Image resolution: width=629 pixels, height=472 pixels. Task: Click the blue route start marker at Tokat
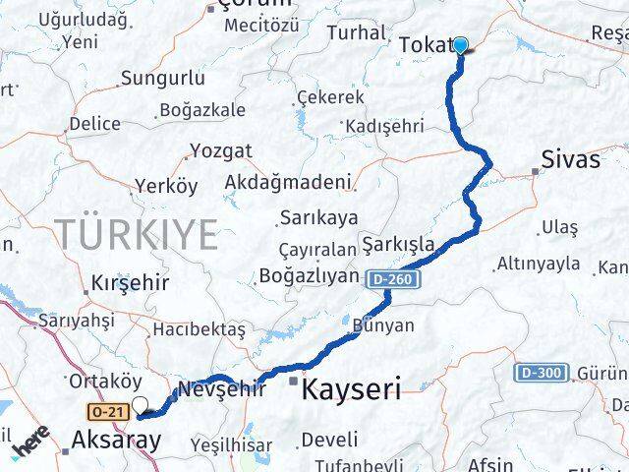click(x=459, y=44)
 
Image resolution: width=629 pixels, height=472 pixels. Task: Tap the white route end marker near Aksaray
click(x=141, y=404)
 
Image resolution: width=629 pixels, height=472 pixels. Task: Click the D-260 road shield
click(x=395, y=281)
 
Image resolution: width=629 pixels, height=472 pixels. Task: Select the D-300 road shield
click(x=541, y=373)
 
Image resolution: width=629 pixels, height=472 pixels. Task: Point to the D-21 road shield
click(x=107, y=410)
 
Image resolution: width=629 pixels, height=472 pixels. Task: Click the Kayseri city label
click(x=351, y=389)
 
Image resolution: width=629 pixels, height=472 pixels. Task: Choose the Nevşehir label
click(x=221, y=389)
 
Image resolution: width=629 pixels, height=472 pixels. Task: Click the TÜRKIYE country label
click(x=137, y=235)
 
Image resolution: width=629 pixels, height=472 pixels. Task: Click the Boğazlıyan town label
click(x=310, y=276)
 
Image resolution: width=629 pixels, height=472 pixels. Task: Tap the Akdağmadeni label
click(x=288, y=183)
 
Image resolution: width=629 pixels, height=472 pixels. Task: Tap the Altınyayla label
click(x=539, y=264)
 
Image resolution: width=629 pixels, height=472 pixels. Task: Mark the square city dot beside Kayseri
click(x=293, y=380)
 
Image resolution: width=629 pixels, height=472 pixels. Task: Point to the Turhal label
click(x=356, y=33)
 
